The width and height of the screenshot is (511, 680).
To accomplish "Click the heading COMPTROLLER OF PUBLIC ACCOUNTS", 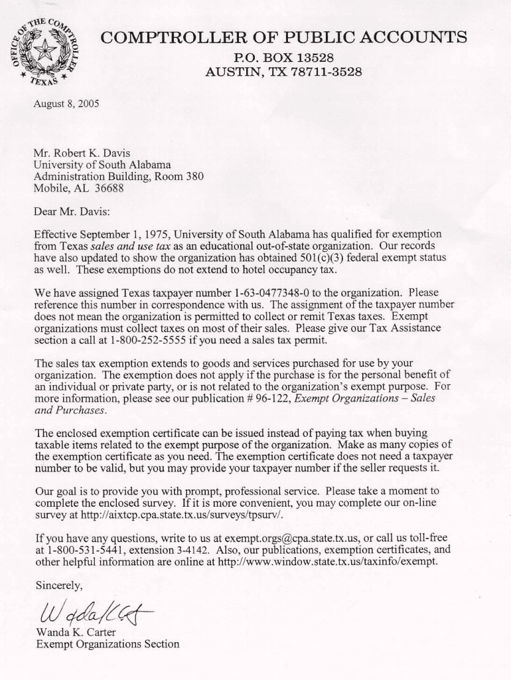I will (x=283, y=37).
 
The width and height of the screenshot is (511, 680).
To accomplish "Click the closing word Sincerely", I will (x=59, y=585).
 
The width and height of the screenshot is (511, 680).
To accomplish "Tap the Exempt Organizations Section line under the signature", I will (x=107, y=644).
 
